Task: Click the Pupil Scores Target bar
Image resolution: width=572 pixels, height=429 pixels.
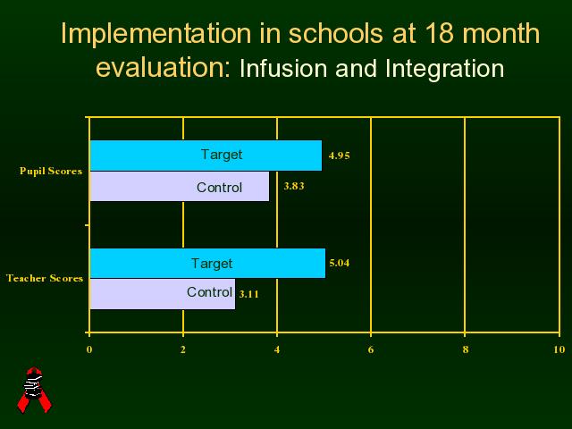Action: tap(206, 156)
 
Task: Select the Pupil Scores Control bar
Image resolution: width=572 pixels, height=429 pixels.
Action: tap(180, 187)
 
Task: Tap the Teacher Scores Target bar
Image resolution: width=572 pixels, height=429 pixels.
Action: tap(207, 263)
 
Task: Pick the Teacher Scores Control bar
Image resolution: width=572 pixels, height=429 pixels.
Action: tap(163, 294)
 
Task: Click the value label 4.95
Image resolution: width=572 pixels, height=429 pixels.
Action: tap(340, 156)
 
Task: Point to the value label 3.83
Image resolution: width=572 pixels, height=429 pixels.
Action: tap(294, 186)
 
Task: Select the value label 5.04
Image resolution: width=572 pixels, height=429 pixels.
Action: tap(340, 263)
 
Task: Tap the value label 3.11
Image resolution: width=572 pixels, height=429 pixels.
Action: tap(249, 294)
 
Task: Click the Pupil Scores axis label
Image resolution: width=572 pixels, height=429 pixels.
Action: tap(51, 171)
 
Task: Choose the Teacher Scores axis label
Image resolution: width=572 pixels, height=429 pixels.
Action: tap(45, 278)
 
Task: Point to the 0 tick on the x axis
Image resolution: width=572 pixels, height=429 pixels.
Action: tap(89, 349)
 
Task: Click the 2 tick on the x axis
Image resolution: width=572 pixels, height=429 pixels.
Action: tap(183, 349)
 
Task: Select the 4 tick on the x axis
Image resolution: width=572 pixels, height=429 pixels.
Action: tap(277, 349)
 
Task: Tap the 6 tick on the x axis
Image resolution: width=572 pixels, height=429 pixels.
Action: tap(371, 349)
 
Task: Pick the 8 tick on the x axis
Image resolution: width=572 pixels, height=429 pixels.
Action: tap(465, 349)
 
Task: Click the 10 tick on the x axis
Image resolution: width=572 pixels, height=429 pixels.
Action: tap(559, 349)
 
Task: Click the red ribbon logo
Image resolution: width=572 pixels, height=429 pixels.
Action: tap(34, 391)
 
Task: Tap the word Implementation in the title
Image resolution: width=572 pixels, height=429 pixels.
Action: tap(156, 34)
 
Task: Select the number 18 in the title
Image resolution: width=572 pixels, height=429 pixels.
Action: tap(439, 33)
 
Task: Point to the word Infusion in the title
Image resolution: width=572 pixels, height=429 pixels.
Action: tap(283, 68)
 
